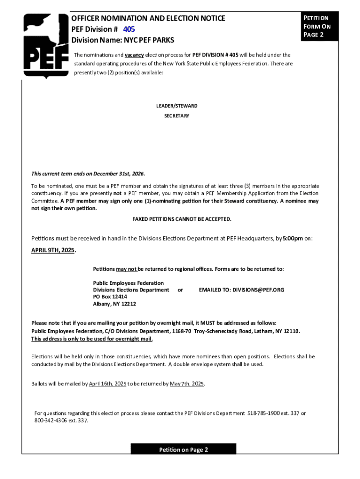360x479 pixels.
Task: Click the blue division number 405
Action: [129, 29]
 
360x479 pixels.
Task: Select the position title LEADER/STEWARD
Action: [177, 106]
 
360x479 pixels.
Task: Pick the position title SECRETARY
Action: [177, 116]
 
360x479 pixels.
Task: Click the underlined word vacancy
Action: [134, 55]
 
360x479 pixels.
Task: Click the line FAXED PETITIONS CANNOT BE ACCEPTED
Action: [182, 219]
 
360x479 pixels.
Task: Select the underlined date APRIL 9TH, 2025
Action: [53, 250]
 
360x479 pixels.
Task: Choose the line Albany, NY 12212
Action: [115, 304]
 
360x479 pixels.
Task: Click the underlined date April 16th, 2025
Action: [108, 384]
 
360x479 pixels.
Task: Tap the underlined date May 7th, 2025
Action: [187, 384]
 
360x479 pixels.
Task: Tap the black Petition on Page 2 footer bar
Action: [183, 450]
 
